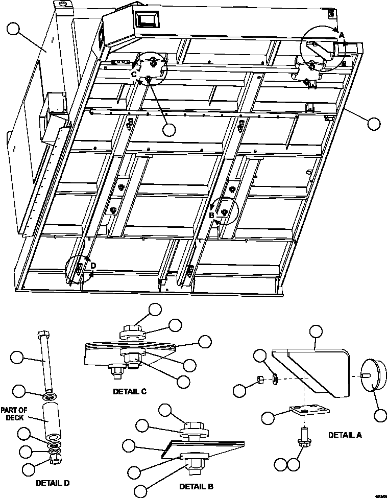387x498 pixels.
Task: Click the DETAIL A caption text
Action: (345, 435)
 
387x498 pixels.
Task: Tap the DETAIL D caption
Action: (53, 482)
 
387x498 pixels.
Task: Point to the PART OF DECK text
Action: (13, 413)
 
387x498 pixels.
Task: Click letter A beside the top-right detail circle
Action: (342, 34)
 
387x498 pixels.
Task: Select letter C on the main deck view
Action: (134, 75)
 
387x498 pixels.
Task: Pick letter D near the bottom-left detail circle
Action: (93, 265)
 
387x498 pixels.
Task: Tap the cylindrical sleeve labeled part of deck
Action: (51, 419)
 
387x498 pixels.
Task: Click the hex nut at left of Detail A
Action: (259, 378)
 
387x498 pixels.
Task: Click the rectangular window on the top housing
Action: (147, 20)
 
